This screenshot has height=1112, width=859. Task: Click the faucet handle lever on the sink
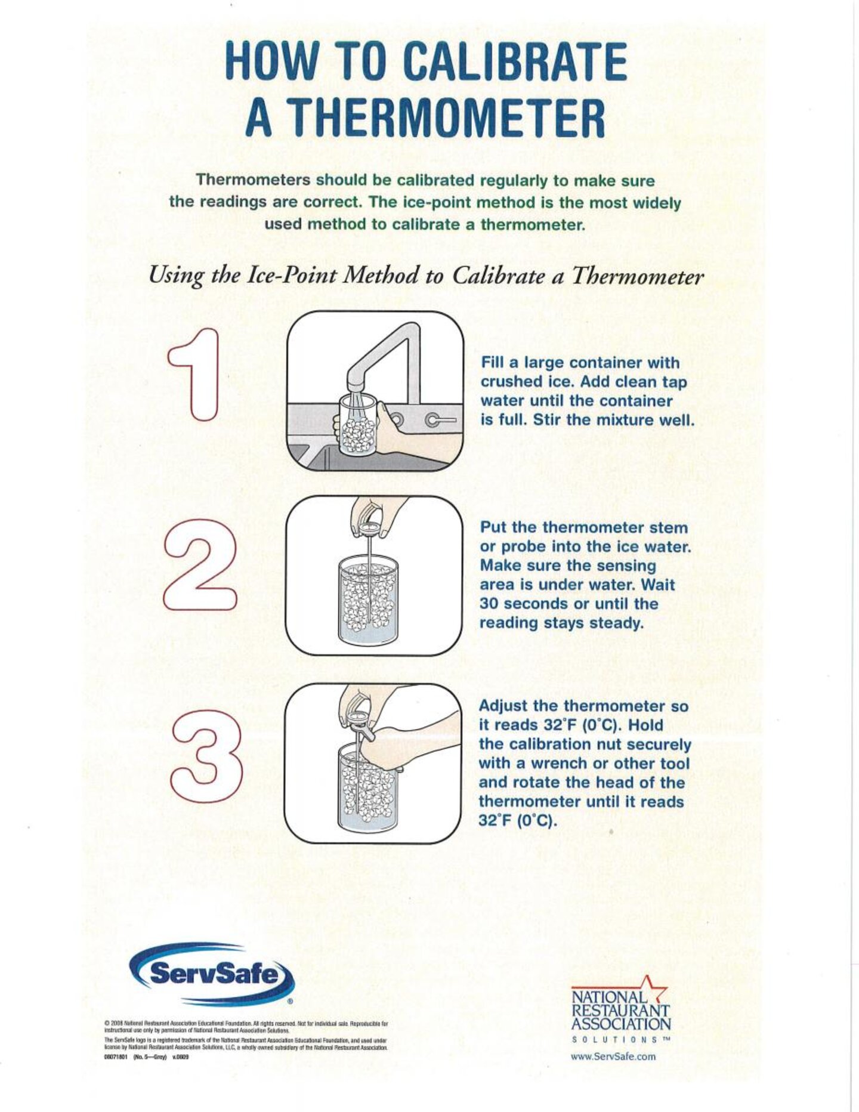[x=440, y=421]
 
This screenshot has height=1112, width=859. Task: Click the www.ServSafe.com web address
[x=613, y=1056]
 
